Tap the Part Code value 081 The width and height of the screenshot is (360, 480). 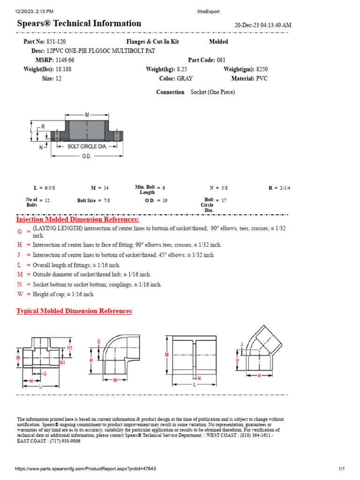pyautogui.click(x=221, y=60)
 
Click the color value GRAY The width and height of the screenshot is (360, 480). pyautogui.click(x=185, y=79)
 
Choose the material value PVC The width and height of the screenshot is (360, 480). pyautogui.click(x=262, y=79)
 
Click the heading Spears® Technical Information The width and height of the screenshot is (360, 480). pyautogui.click(x=79, y=23)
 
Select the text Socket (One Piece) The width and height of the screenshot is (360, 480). pyautogui.click(x=213, y=92)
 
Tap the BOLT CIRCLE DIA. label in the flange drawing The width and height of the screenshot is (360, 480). pyautogui.click(x=87, y=146)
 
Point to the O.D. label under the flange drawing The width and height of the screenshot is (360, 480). pyautogui.click(x=87, y=157)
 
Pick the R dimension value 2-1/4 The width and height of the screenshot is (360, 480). pyautogui.click(x=285, y=188)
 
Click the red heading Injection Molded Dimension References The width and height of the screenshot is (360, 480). pyautogui.click(x=78, y=219)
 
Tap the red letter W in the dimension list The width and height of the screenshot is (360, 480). pyautogui.click(x=20, y=294)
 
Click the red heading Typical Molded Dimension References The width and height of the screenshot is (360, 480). pyautogui.click(x=74, y=311)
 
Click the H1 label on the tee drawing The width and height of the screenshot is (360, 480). pyautogui.click(x=70, y=348)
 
